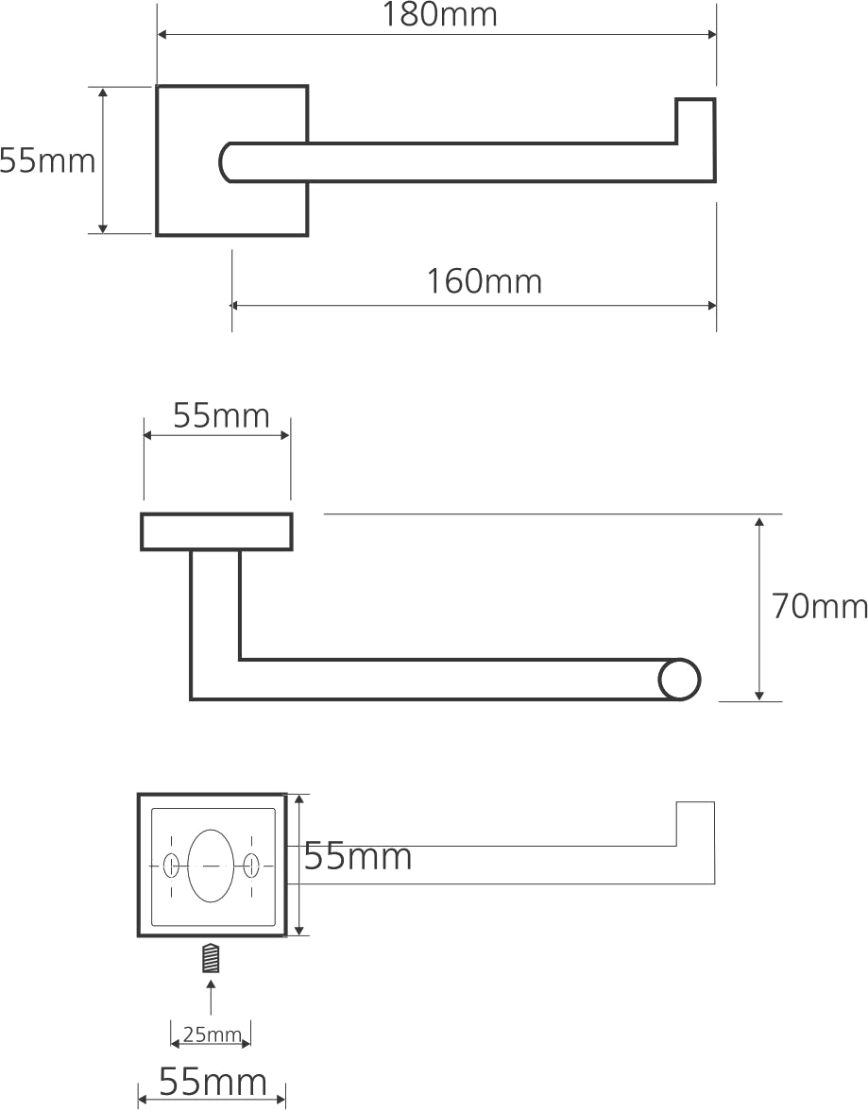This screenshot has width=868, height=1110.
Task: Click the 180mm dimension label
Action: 439,14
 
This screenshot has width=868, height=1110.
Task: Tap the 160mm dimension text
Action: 484,281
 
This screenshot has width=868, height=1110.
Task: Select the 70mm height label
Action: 819,607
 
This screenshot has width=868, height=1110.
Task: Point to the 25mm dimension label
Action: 212,1034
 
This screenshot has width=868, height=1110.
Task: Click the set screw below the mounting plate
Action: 211,959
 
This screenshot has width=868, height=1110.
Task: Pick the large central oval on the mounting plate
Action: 212,865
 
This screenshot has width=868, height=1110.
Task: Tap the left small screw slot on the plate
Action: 171,865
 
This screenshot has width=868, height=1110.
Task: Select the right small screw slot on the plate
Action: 251,865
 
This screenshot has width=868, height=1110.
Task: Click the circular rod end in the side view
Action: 679,680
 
